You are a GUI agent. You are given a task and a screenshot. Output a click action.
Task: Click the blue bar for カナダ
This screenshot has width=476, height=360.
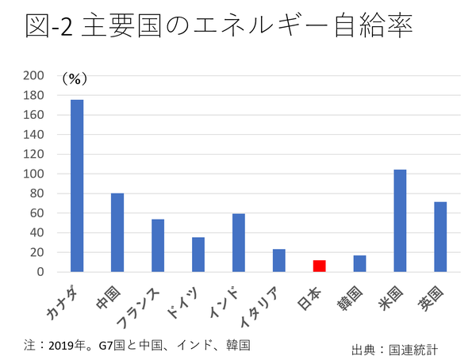(77, 186)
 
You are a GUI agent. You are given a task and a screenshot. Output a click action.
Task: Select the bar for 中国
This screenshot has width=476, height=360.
(117, 232)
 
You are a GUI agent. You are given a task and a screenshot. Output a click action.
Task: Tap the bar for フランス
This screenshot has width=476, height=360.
(158, 246)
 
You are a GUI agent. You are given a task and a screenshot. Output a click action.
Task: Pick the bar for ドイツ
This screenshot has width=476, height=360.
(198, 255)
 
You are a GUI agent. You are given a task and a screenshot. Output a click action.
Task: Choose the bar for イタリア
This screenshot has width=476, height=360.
(279, 261)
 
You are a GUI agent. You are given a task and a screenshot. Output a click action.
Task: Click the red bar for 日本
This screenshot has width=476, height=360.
(319, 266)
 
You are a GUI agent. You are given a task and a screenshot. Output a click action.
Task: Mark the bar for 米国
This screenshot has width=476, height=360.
(400, 220)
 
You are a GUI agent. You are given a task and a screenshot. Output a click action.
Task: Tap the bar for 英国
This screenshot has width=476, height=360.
(440, 237)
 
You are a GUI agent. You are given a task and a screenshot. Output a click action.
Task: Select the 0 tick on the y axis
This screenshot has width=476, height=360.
(41, 272)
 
